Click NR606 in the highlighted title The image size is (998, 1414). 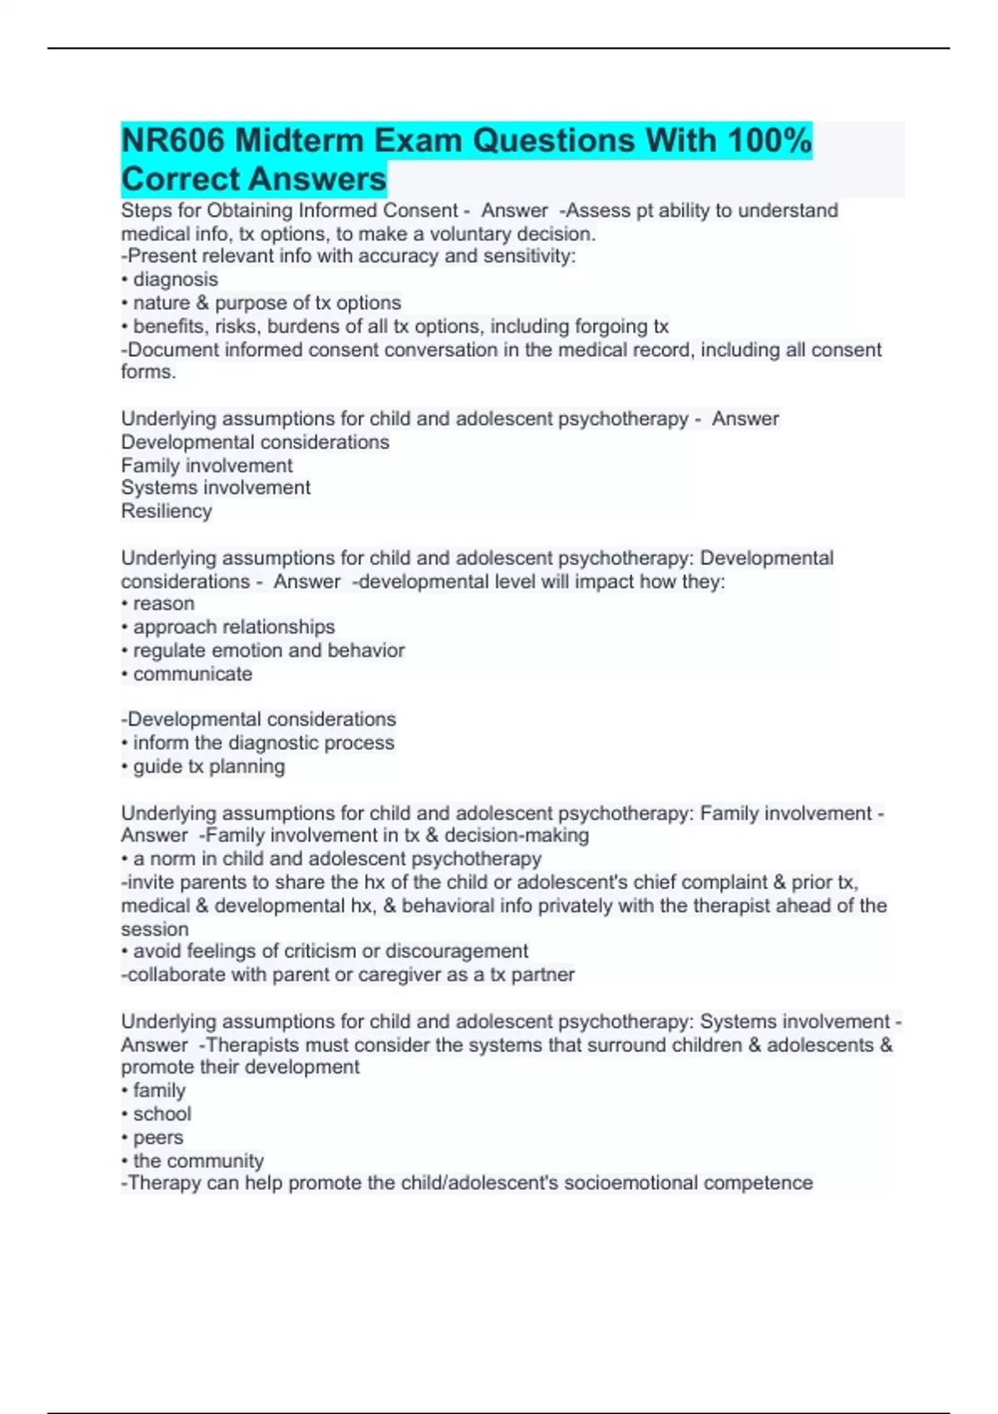pyautogui.click(x=173, y=141)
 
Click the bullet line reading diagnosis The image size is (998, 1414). pyautogui.click(x=175, y=279)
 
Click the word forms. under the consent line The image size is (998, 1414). pyautogui.click(x=148, y=372)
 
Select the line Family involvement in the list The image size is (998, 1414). pyautogui.click(x=207, y=465)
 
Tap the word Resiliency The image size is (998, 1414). pyautogui.click(x=166, y=511)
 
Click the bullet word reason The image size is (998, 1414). pyautogui.click(x=163, y=603)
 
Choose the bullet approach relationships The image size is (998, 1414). pyautogui.click(x=234, y=626)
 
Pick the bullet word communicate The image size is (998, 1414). pyautogui.click(x=192, y=674)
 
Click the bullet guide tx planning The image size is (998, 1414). pyautogui.click(x=209, y=766)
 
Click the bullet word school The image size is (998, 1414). pyautogui.click(x=162, y=1114)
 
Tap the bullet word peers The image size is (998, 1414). pyautogui.click(x=158, y=1137)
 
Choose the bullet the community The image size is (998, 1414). pyautogui.click(x=198, y=1160)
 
